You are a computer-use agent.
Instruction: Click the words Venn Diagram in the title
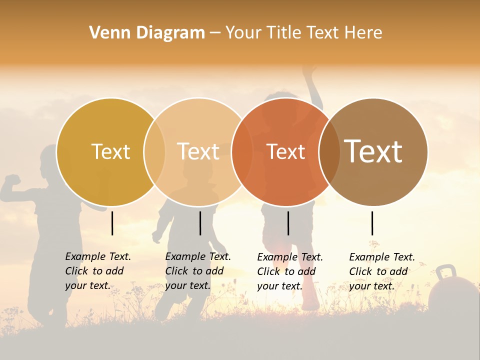point(147,33)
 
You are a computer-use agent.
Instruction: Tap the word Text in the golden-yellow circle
point(110,151)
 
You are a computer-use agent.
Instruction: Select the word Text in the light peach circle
point(198,151)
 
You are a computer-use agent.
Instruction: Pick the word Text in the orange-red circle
point(286,151)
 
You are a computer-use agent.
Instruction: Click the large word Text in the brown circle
point(373,151)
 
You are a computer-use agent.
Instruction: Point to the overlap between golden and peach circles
point(154,151)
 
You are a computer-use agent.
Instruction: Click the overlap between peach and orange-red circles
point(242,151)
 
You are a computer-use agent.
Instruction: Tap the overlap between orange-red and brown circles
point(329,151)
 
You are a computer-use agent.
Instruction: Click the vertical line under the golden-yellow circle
point(112,223)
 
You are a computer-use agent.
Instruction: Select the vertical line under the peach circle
point(200,223)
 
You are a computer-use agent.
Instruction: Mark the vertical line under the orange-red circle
point(288,223)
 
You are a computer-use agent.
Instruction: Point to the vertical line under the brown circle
point(372,223)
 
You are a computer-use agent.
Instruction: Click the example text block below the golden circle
point(97,271)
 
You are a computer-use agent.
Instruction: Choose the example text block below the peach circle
point(197,271)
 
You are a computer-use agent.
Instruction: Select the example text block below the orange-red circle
point(289,271)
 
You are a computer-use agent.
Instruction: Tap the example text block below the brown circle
point(381,271)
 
